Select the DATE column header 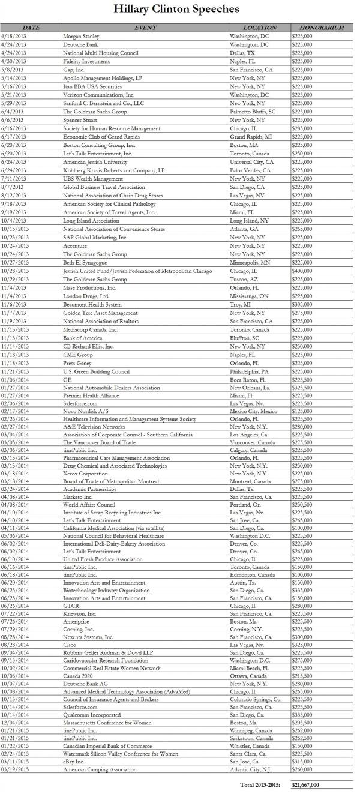31,28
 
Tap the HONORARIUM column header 322,28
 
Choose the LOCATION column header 259,28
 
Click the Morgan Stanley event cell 81,36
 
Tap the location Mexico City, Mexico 254,411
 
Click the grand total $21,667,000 305,784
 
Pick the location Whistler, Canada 253,745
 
